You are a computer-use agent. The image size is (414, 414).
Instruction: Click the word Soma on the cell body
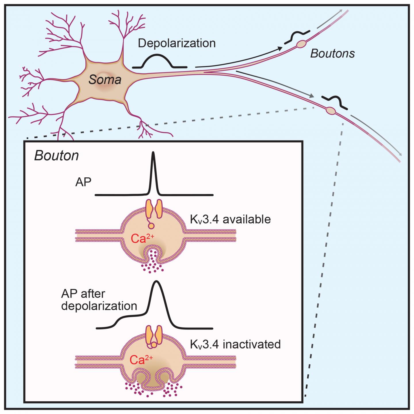pyautogui.click(x=105, y=79)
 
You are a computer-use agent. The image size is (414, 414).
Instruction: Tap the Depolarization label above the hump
pyautogui.click(x=177, y=43)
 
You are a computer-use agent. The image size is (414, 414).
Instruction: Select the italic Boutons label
pyautogui.click(x=332, y=53)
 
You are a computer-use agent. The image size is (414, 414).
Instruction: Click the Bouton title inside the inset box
pyautogui.click(x=56, y=156)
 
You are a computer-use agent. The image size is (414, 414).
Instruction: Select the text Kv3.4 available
pyautogui.click(x=230, y=219)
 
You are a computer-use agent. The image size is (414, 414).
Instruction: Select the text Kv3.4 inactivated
pyautogui.click(x=235, y=344)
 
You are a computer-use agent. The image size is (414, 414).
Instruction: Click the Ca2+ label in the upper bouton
pyautogui.click(x=139, y=238)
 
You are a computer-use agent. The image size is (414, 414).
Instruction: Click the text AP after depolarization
pyautogui.click(x=99, y=300)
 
